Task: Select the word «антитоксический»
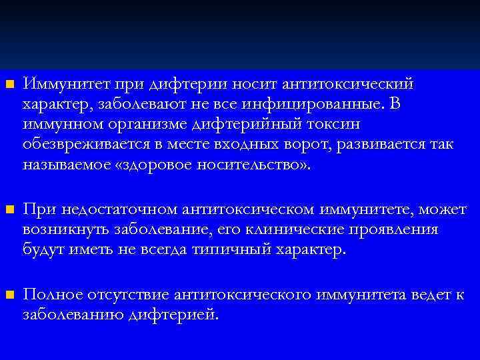tap(348, 85)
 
